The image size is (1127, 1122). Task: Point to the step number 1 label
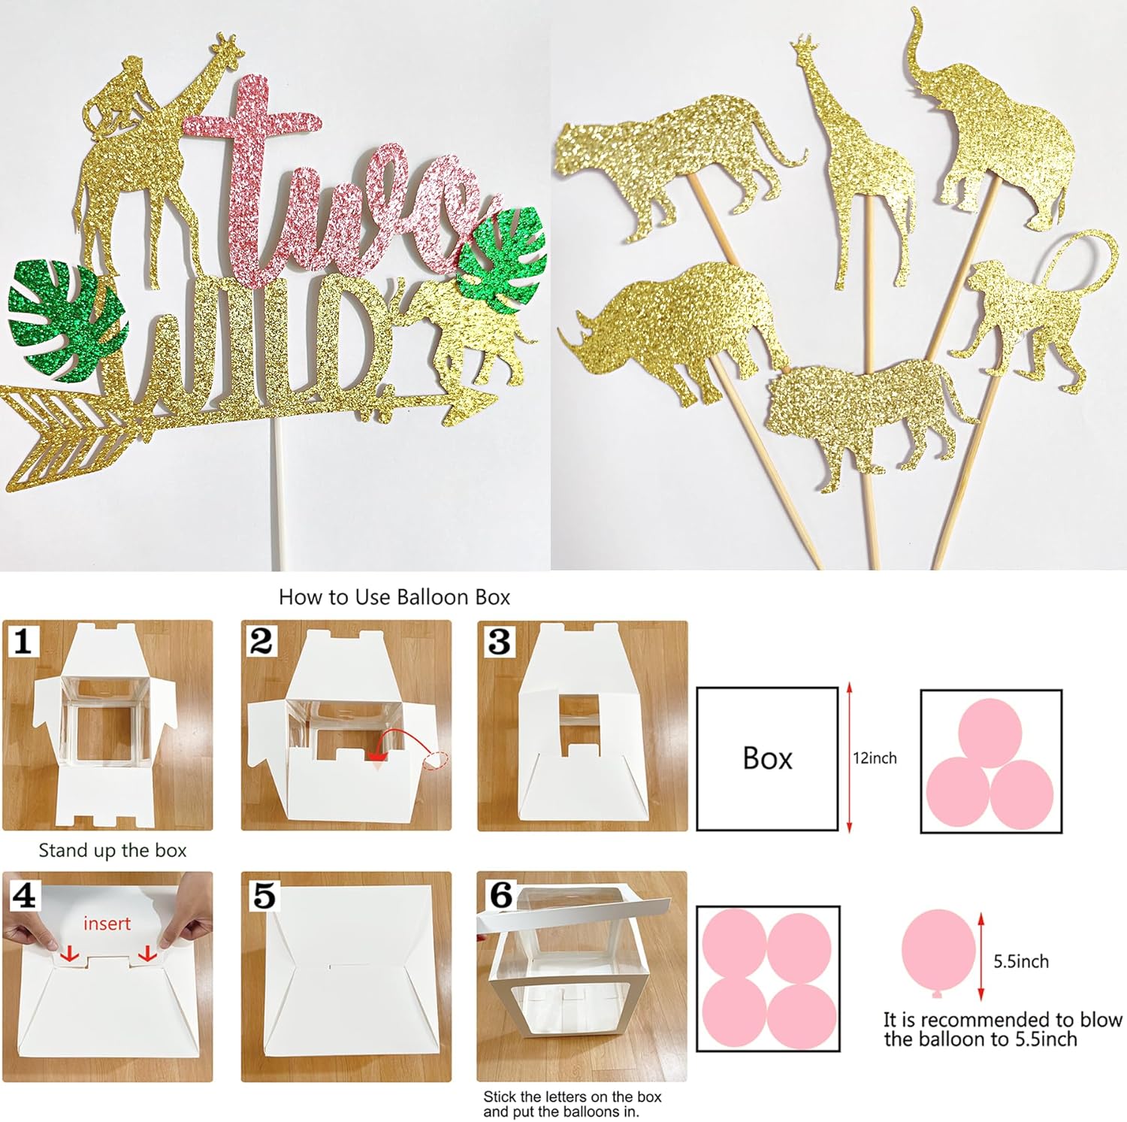click(23, 642)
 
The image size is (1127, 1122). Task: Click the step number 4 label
click(24, 895)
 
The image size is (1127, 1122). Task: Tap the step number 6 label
click(500, 895)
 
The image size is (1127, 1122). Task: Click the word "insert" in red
click(107, 924)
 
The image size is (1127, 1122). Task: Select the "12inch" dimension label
click(875, 758)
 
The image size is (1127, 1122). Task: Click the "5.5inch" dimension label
click(1020, 961)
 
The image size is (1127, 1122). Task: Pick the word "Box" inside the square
click(767, 758)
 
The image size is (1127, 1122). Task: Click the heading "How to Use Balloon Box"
click(394, 597)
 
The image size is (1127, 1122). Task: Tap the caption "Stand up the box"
click(112, 851)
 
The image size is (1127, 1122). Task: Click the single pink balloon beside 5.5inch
click(938, 951)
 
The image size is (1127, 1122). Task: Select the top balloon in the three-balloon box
click(990, 732)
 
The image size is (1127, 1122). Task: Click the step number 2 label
click(261, 642)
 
